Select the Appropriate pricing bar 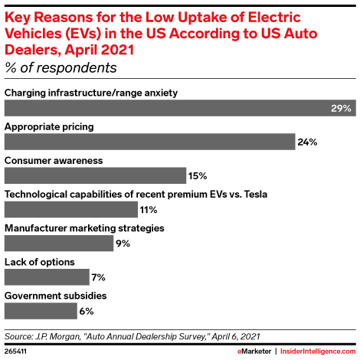pos(150,142)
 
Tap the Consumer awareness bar pos(95,175)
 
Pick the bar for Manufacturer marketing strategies pos(58,243)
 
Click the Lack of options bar pos(45,277)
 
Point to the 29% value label pos(340,109)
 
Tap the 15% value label pos(198,176)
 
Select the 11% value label pos(149,210)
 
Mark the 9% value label pos(121,244)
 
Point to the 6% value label pos(87,311)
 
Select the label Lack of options pos(40,261)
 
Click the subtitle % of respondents pos(61,67)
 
